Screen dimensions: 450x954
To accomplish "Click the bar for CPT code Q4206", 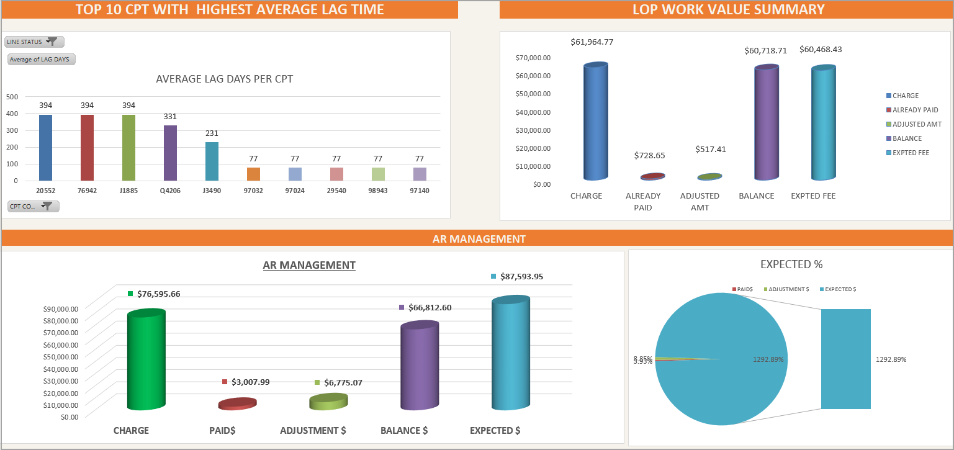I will pyautogui.click(x=170, y=153).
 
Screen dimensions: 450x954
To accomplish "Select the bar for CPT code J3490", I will pyautogui.click(x=212, y=161).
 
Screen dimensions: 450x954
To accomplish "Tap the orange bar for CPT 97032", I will pyautogui.click(x=253, y=174).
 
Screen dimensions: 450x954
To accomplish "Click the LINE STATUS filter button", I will pyautogui.click(x=34, y=42).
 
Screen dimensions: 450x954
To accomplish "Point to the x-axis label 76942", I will pyautogui.click(x=87, y=191).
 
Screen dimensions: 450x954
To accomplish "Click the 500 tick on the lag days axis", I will pyautogui.click(x=12, y=97).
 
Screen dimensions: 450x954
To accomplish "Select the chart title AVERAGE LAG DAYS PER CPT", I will pyautogui.click(x=224, y=79).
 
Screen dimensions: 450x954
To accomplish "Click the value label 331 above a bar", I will pyautogui.click(x=170, y=116).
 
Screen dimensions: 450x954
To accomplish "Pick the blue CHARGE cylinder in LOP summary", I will pyautogui.click(x=595, y=122).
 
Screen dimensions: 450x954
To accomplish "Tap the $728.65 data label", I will pyautogui.click(x=649, y=155).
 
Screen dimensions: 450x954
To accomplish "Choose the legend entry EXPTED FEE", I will pyautogui.click(x=911, y=153).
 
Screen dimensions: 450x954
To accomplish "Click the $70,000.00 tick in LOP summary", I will pyautogui.click(x=533, y=58).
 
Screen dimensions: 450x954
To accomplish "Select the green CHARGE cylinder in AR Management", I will pyautogui.click(x=146, y=360).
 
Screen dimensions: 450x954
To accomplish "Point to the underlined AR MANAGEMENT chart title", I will pyautogui.click(x=309, y=265).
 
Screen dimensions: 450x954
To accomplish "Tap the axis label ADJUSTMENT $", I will pyautogui.click(x=313, y=430).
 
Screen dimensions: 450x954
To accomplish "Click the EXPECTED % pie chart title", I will pyautogui.click(x=791, y=264).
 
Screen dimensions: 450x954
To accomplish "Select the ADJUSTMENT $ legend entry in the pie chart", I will pyautogui.click(x=788, y=289).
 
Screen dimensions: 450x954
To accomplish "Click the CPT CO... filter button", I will pyautogui.click(x=34, y=206).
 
